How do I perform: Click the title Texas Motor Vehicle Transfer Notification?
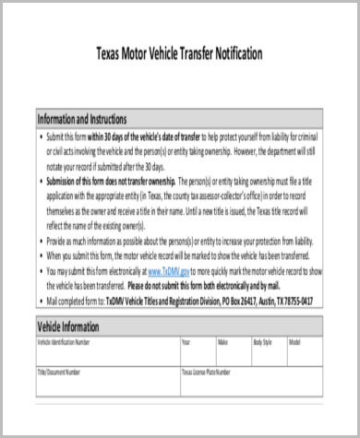tap(179, 53)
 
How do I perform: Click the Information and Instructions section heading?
tap(88, 120)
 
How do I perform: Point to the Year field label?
tap(186, 342)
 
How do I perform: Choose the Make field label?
tap(222, 342)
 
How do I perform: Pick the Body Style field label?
tap(264, 342)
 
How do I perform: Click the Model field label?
tap(294, 342)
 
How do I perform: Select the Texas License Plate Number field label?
tap(209, 372)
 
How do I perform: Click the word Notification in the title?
tap(233, 53)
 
